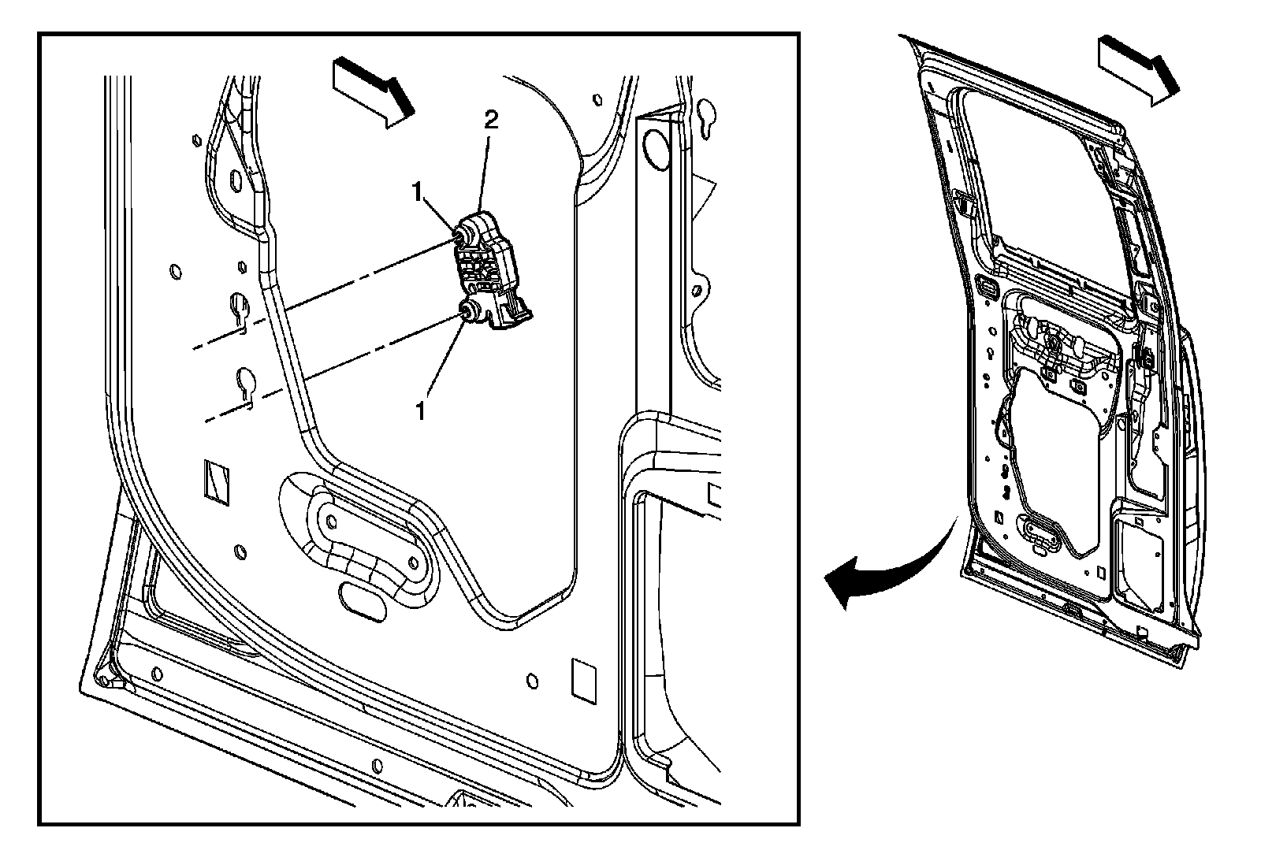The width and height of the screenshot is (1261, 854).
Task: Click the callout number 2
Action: coord(491,121)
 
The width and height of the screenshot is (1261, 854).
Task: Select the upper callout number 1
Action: coord(418,191)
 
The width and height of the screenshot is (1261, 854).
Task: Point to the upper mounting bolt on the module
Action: coord(459,234)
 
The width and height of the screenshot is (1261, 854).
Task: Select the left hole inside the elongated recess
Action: coord(330,521)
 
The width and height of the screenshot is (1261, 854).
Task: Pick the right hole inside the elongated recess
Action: coord(413,563)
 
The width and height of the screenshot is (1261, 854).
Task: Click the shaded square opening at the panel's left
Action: coord(214,478)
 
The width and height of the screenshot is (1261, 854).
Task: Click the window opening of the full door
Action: coord(1040,173)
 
